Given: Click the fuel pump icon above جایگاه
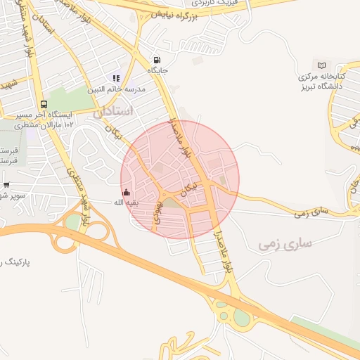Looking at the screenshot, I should (156, 60).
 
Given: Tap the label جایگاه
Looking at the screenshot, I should (156, 70).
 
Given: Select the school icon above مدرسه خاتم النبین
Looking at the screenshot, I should (116, 79).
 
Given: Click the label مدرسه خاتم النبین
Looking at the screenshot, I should (116, 89).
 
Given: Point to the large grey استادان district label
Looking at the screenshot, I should (113, 111).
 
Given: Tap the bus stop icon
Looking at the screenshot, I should (44, 105).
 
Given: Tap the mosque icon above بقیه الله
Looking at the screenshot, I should (127, 192).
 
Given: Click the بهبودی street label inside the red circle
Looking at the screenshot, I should (160, 210).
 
